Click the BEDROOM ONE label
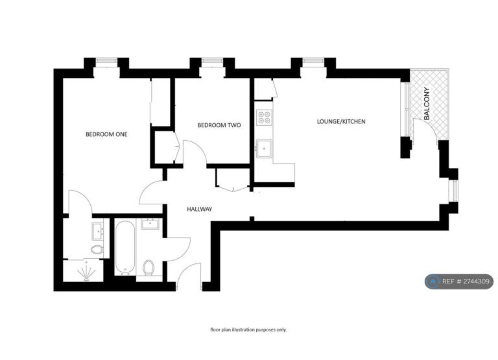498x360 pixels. tap(106, 134)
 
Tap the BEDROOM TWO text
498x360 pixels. tap(219, 125)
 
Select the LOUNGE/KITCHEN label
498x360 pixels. tap(341, 121)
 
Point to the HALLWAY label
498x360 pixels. tap(200, 209)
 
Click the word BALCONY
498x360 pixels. tap(427, 104)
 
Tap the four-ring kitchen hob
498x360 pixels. tap(265, 117)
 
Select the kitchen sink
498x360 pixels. tap(265, 149)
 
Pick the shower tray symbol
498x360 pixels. tap(86, 271)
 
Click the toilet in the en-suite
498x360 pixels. tap(97, 250)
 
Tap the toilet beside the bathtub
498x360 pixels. tap(148, 267)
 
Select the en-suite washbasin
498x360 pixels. tap(97, 231)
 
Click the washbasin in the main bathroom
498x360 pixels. tap(150, 224)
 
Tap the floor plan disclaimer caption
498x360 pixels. tap(248, 330)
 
